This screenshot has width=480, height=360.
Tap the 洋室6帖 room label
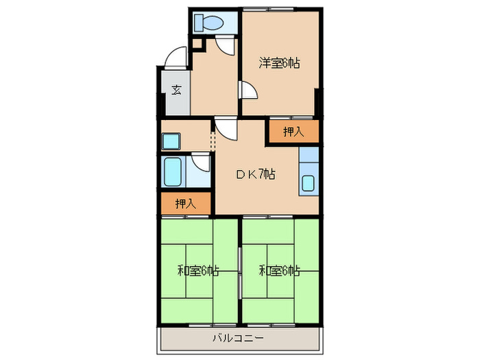point(280,63)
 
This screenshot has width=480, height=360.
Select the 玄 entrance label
point(176,89)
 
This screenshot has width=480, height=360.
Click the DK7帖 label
point(256,176)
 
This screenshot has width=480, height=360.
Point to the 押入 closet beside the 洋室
point(293,132)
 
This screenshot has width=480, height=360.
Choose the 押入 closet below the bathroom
point(185,203)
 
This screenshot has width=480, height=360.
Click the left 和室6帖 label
point(198,271)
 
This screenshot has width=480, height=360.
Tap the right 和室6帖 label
point(279,271)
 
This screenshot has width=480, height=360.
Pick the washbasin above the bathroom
point(170,141)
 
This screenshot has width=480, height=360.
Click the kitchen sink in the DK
point(309,184)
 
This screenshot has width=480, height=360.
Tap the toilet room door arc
point(224,45)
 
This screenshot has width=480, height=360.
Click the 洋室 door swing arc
point(249,91)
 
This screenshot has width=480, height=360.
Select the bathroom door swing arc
point(200,163)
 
